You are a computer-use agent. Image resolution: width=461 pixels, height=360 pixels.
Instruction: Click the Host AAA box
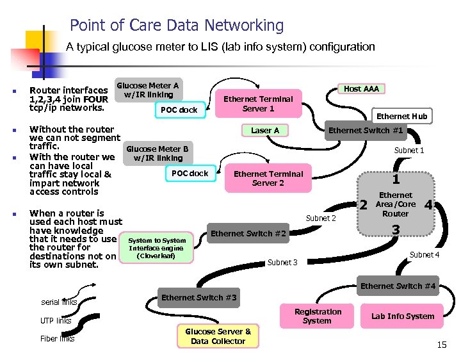point(361,89)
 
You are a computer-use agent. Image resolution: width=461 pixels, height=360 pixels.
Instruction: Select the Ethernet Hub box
point(401,117)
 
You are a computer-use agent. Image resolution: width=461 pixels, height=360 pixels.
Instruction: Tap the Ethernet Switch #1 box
point(366,130)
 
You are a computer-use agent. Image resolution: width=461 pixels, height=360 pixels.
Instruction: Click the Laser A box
point(265,130)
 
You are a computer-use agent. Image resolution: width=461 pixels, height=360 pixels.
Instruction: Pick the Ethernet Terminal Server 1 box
point(258,104)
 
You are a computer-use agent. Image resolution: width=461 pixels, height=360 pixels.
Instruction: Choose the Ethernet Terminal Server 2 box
point(268,178)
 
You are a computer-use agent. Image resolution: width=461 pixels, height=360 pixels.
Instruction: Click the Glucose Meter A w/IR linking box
point(147,90)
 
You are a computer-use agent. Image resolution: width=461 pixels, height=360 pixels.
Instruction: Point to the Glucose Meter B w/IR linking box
point(158,154)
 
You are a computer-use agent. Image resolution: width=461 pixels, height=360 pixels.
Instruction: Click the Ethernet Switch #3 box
point(198,297)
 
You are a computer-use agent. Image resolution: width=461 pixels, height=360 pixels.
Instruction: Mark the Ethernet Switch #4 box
point(398,286)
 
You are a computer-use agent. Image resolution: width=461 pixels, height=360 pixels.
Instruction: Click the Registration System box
point(318,316)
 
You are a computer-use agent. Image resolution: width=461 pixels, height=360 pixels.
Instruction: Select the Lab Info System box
point(403,316)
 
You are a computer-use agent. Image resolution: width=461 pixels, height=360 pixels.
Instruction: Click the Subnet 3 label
point(282,262)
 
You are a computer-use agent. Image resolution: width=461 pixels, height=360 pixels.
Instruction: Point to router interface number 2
point(363,205)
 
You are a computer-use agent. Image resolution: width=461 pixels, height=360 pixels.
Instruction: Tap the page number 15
point(442,345)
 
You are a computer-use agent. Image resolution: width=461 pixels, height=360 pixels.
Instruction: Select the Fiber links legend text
point(58,339)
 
